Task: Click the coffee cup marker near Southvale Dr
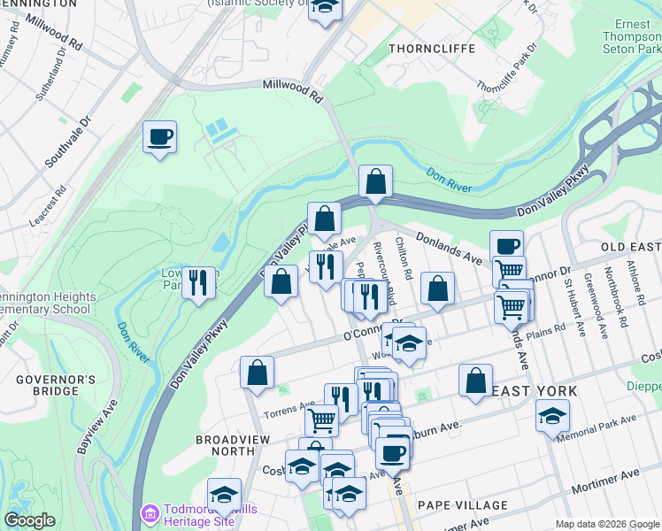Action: coord(159,138)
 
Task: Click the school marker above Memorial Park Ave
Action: coord(552,414)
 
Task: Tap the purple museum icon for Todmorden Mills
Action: coord(150,512)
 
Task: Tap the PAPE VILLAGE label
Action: coord(463,505)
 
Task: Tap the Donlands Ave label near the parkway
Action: coord(449,249)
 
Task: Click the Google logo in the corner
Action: coord(30,520)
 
